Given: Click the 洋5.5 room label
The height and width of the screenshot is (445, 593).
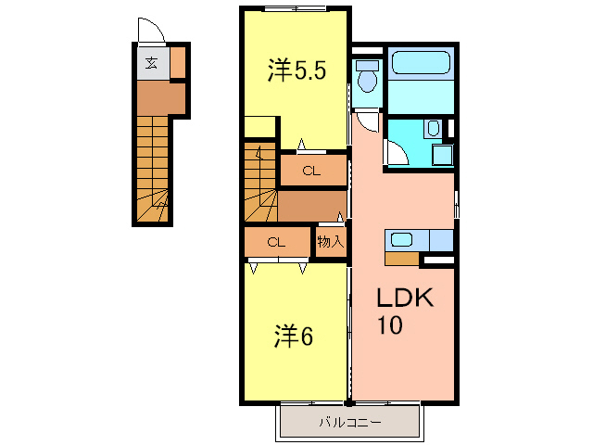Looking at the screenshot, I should (297, 71).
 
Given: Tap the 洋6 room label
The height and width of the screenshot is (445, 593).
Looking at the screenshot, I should (293, 336).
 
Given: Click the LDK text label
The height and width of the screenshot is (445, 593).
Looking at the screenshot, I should (402, 299).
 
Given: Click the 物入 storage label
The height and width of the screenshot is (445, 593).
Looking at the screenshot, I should (331, 242).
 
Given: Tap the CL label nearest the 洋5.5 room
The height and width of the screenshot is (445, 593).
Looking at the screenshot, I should (311, 171).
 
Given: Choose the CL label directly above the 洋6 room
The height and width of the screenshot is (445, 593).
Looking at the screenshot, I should (275, 242).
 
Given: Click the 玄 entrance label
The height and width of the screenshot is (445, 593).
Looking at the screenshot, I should (150, 65).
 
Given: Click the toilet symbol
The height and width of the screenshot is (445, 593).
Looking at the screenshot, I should (368, 76).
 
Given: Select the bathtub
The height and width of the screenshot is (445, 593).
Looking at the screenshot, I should (422, 65).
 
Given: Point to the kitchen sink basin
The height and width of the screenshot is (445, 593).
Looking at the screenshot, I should (401, 239).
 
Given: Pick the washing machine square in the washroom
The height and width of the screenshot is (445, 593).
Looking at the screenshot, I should (443, 155).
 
